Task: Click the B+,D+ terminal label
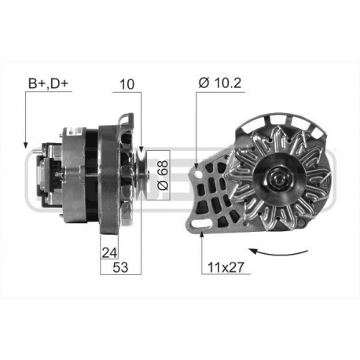[49, 81]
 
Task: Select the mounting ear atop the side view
[126, 120]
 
